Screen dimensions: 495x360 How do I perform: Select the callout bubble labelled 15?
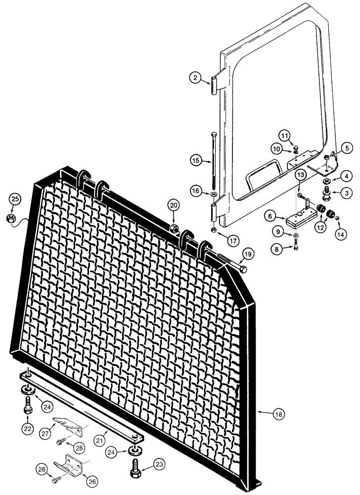pyautogui.click(x=195, y=159)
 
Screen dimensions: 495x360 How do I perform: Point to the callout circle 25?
pyautogui.click(x=15, y=199)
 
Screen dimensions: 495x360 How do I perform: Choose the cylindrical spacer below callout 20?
pyautogui.click(x=174, y=228)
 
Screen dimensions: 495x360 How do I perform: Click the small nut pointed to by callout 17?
pyautogui.click(x=213, y=231)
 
